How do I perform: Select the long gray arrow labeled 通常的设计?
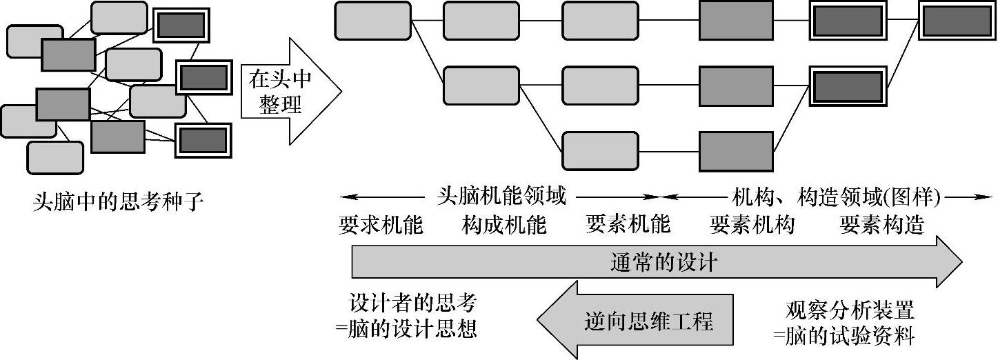[x=655, y=262]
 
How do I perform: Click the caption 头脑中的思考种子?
[x=119, y=202]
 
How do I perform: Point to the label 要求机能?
[x=381, y=224]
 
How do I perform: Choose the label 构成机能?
[x=504, y=224]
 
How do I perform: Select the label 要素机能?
[x=628, y=224]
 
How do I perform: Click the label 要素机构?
[x=752, y=224]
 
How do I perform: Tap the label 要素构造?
[x=882, y=224]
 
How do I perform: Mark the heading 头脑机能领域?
[x=501, y=197]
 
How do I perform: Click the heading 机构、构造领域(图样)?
[x=836, y=197]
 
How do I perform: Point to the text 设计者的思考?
[x=412, y=303]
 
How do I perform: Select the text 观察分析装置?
[x=850, y=308]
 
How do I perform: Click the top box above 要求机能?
[x=372, y=21]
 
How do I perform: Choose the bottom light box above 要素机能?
[x=599, y=150]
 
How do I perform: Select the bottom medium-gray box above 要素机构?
[x=736, y=150]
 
